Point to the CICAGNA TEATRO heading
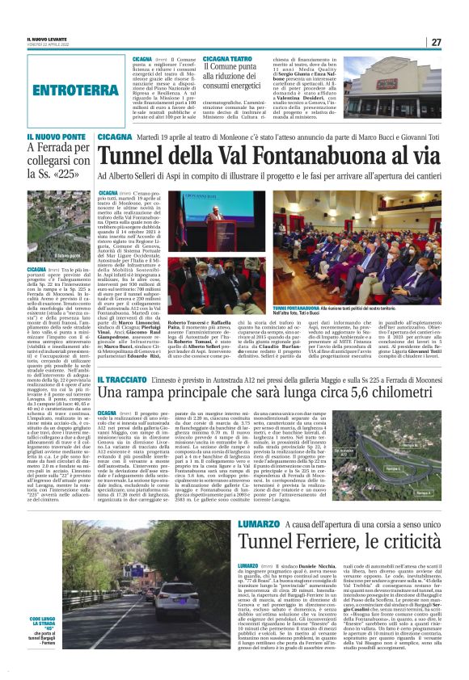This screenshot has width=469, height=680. pyautogui.click(x=227, y=59)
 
